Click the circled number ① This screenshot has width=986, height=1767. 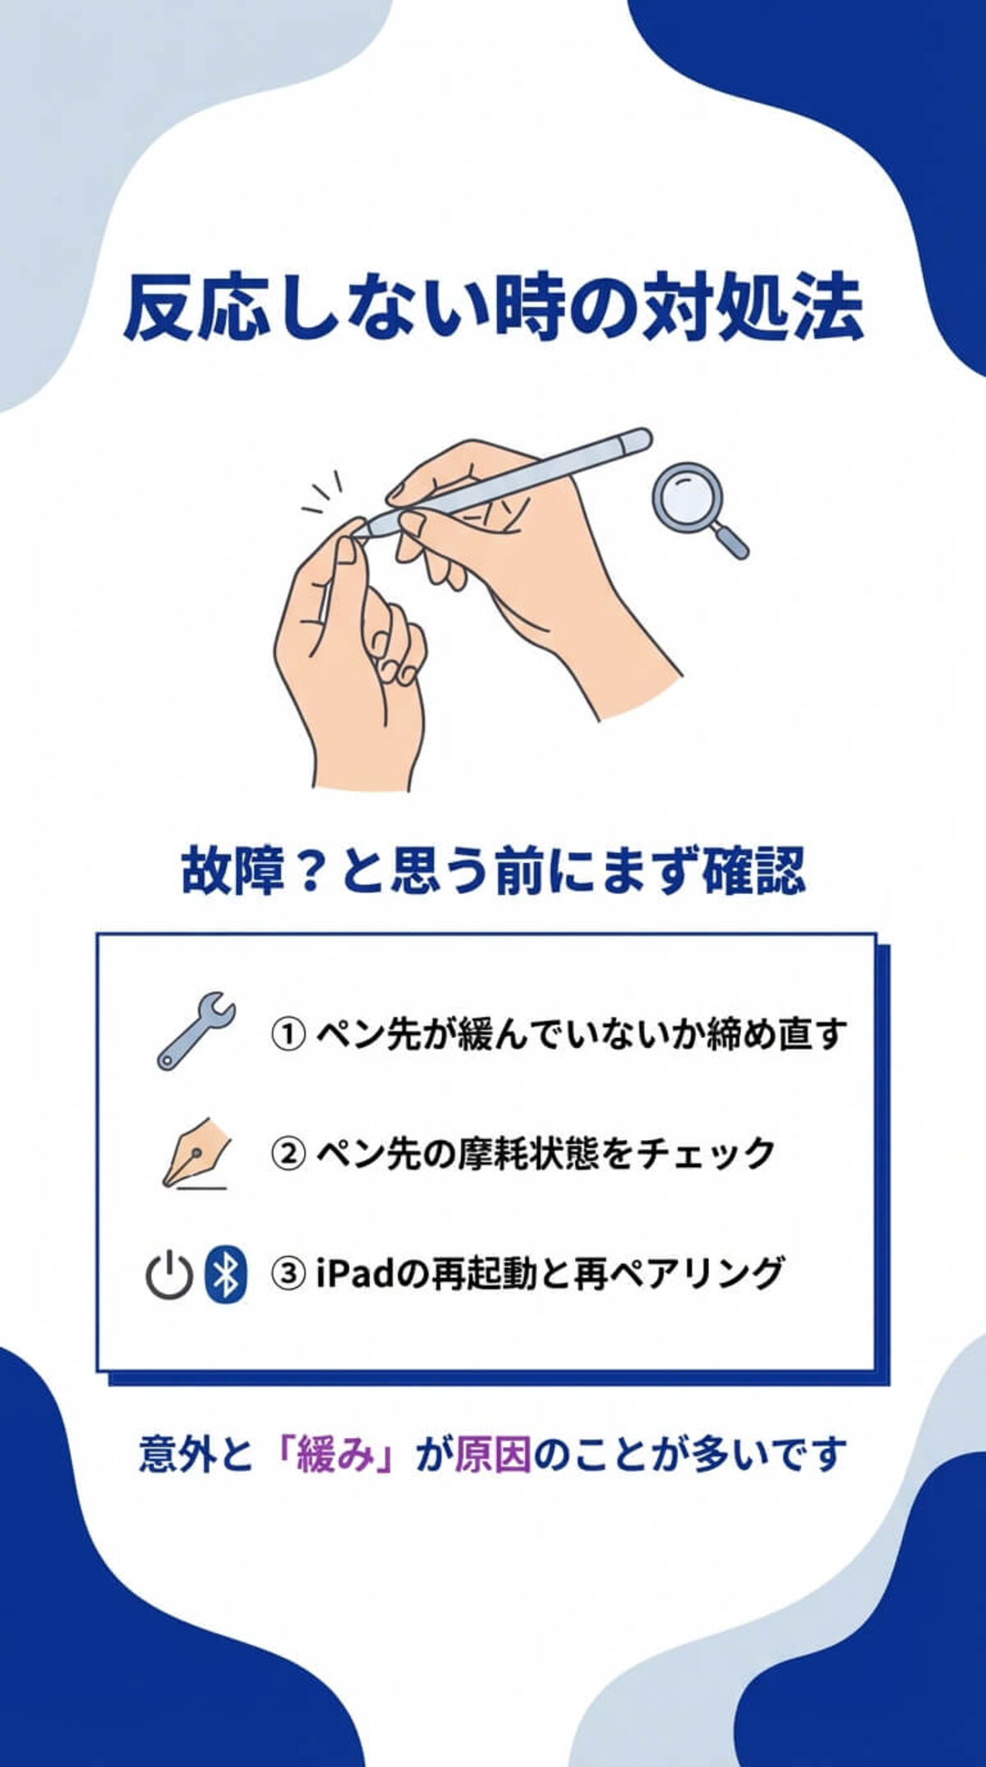[x=288, y=1034]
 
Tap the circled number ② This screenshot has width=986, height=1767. [x=288, y=1154]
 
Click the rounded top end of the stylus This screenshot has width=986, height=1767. [x=638, y=440]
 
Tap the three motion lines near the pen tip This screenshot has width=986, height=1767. [x=324, y=494]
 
